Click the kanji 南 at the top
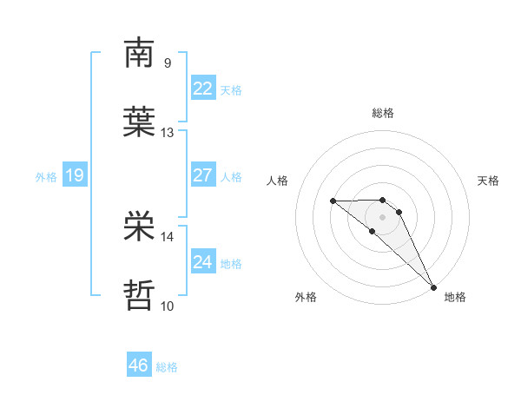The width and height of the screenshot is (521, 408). click(139, 53)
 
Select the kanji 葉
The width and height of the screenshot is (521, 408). click(139, 122)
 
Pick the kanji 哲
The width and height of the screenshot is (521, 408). click(139, 294)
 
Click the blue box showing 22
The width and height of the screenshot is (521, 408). click(202, 88)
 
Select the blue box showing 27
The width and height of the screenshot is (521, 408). click(202, 174)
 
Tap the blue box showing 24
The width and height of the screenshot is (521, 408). click(202, 261)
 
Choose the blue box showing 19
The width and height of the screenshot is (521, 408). click(74, 175)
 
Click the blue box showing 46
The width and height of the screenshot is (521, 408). click(139, 365)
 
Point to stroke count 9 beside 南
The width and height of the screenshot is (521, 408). click(167, 63)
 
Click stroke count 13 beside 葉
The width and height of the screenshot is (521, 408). click(168, 132)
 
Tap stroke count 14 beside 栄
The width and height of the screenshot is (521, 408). click(168, 235)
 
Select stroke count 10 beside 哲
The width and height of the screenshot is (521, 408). click(168, 305)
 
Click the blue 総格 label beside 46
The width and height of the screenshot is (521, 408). click(167, 367)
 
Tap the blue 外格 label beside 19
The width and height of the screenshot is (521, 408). click(46, 177)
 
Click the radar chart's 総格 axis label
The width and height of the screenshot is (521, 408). click(383, 113)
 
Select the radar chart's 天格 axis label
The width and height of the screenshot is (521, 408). click(488, 181)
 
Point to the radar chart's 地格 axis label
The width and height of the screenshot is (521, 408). click(455, 298)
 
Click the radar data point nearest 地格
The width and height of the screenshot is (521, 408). click(433, 286)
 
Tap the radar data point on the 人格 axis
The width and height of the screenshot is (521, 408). click(333, 201)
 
